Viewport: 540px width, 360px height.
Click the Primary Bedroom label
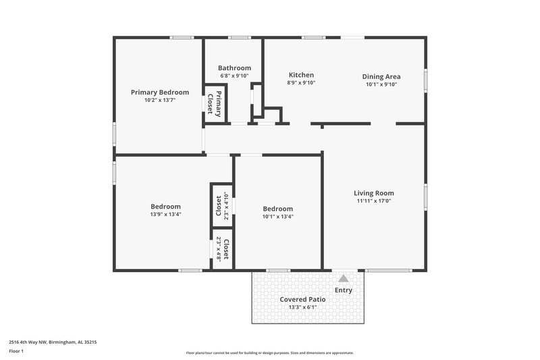[160, 93]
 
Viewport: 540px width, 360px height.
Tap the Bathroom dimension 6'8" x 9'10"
[234, 76]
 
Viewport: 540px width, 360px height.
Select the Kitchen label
[301, 75]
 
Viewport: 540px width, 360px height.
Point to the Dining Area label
[382, 76]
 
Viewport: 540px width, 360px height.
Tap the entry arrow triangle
[344, 278]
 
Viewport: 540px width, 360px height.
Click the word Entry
[344, 290]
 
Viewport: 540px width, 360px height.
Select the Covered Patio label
[303, 299]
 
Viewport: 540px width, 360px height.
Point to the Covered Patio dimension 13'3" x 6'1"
[303, 307]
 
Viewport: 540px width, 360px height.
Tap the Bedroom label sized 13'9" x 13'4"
[165, 207]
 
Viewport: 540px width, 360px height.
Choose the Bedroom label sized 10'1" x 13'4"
[278, 209]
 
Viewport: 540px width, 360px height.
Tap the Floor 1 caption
[16, 351]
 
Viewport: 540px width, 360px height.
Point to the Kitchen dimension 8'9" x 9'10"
[301, 83]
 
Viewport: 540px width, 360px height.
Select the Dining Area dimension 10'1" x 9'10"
[382, 84]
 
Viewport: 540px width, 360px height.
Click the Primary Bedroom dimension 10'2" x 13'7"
[160, 101]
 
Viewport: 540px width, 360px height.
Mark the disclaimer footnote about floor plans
[270, 353]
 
